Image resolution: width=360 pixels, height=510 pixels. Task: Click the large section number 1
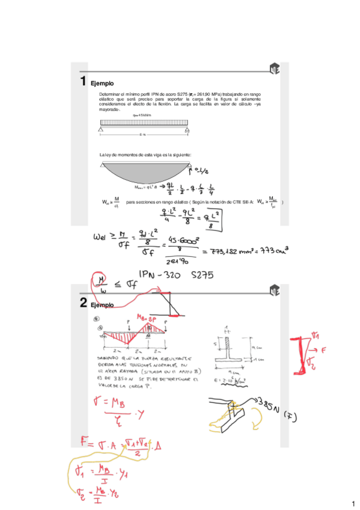84,81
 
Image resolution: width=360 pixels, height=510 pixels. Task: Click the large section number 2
84,304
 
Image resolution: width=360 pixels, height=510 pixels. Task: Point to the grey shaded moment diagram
144,170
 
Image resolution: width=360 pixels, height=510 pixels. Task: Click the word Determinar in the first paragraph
111,94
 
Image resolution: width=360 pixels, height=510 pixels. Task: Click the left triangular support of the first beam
103,129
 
